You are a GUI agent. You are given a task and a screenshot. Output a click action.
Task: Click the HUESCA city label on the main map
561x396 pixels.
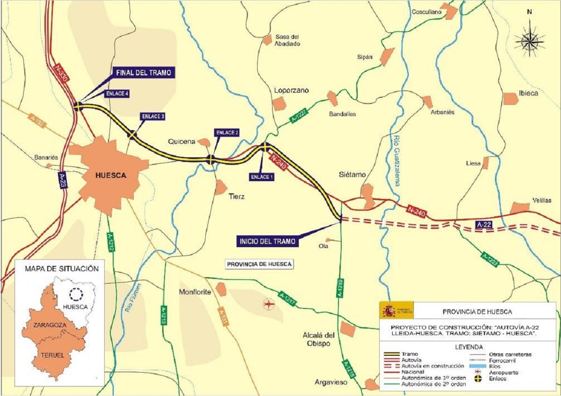[110, 176]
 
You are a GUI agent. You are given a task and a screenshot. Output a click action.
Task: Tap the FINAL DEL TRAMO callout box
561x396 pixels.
[144, 72]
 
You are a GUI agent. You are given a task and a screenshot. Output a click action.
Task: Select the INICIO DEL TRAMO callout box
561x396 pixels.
[267, 242]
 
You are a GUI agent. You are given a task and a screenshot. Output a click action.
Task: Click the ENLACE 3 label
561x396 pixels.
[152, 117]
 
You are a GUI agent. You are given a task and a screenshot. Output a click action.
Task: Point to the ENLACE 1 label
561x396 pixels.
[262, 177]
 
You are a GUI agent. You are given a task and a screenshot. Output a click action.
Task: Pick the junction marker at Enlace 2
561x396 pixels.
[210, 160]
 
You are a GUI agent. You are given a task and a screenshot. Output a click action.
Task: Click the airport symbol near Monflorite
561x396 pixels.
[268, 304]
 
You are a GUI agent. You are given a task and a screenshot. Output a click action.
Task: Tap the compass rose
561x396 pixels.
[529, 41]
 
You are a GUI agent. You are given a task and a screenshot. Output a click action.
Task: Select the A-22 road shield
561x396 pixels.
[485, 225]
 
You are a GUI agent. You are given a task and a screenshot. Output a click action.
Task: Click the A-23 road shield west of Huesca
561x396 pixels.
[63, 180]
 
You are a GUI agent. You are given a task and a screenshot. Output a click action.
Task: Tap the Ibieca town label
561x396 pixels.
[528, 93]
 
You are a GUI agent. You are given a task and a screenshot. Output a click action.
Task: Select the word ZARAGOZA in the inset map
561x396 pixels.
[49, 324]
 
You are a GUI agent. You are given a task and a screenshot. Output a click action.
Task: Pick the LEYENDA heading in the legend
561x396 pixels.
[468, 347]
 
